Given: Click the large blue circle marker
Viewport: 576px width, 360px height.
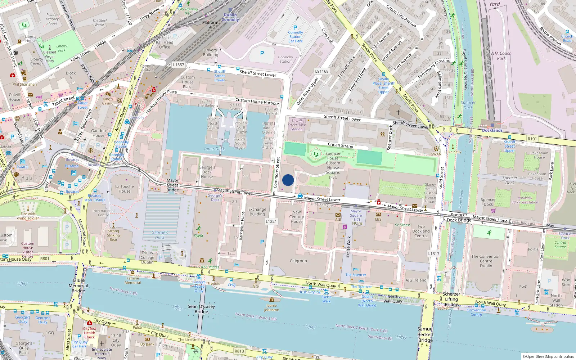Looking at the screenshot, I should coord(288,180).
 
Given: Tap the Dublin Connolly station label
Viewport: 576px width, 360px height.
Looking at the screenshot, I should coord(230,17).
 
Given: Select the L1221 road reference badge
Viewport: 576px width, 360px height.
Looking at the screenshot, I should coord(271,221).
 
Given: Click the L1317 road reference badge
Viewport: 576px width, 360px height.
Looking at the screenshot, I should coord(433,253).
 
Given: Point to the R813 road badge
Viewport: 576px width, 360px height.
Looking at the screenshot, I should coord(239,351).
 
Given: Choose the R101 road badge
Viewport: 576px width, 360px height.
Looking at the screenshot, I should coord(532,139).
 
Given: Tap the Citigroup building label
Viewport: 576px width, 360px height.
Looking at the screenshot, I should coord(298,261).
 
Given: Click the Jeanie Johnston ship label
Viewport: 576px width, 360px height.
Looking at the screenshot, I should coord(271,307).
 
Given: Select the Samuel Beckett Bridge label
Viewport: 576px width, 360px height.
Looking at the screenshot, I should coord(425,334).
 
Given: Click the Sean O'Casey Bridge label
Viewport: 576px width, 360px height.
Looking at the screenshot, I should coord(201,309).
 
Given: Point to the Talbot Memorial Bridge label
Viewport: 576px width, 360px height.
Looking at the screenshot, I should coord(78,285).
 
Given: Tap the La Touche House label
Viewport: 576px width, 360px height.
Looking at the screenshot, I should coord(125,189).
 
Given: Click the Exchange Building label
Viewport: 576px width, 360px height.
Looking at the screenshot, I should coord(257,211).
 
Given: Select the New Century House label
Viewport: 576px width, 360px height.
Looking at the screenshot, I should coord(297,217).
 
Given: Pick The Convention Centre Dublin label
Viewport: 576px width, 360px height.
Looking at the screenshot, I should coord(486,261).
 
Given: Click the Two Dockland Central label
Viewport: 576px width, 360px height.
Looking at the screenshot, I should coord(421,231).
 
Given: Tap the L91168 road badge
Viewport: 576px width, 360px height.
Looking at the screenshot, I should coord(322,71).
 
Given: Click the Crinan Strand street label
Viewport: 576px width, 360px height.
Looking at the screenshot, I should coord(340,145).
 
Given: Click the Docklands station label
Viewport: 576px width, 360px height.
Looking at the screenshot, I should coord(492,130).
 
